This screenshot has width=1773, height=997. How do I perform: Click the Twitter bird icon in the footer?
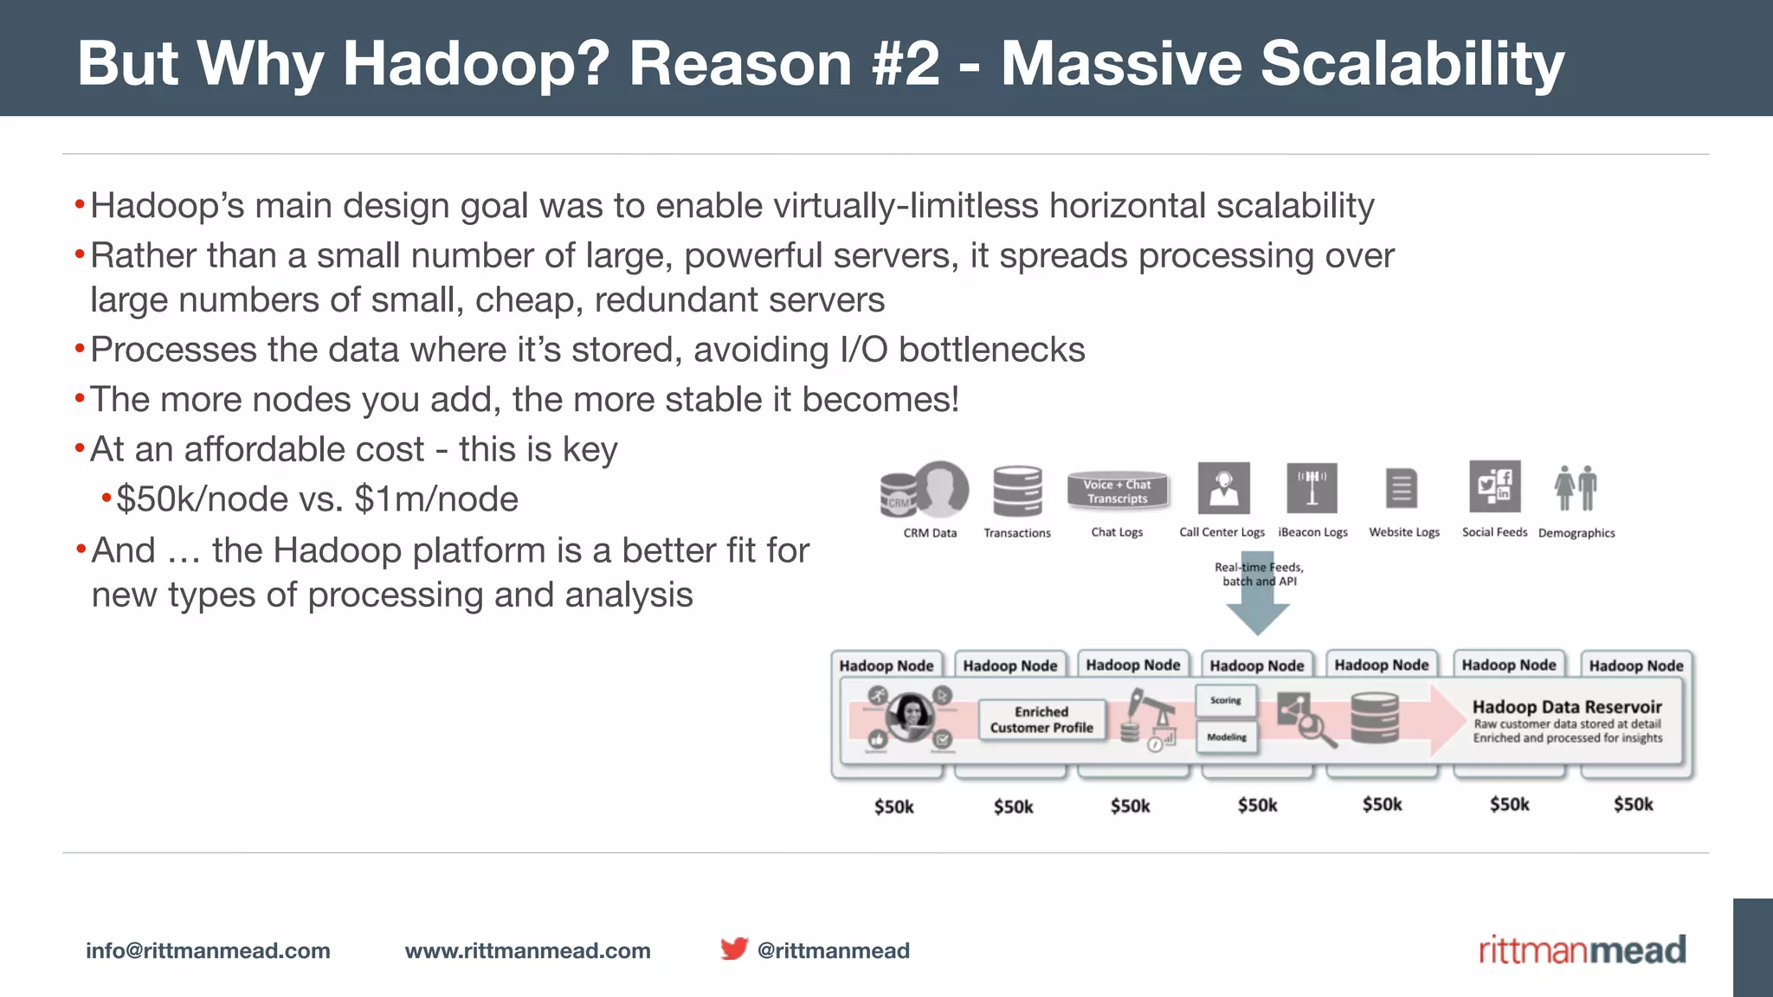coord(734,949)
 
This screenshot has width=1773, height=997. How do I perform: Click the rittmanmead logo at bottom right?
coord(1582,949)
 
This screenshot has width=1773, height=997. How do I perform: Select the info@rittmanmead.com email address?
coord(208,950)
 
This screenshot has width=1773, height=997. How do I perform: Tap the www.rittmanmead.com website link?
coord(527,950)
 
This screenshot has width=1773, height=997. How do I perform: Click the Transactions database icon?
coord(1017,491)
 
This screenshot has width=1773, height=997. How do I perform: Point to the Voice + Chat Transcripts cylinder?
coord(1117,491)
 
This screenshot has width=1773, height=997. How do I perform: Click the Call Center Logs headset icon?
coord(1223,488)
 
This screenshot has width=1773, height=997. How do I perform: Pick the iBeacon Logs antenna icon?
coord(1312,488)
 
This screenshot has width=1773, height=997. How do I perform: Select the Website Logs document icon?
coord(1402,489)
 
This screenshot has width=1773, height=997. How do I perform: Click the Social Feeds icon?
coord(1494,487)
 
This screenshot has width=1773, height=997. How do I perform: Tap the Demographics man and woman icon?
coord(1576,489)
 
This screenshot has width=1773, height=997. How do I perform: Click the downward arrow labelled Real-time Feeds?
coord(1258,597)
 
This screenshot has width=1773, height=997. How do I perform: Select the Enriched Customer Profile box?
coord(1041,720)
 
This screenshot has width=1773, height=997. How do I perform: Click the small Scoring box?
coord(1226,700)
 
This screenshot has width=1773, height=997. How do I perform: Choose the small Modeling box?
coord(1227,737)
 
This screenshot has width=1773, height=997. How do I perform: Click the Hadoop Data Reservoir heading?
coord(1567,706)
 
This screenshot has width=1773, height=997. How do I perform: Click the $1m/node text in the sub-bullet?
coord(436,499)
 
